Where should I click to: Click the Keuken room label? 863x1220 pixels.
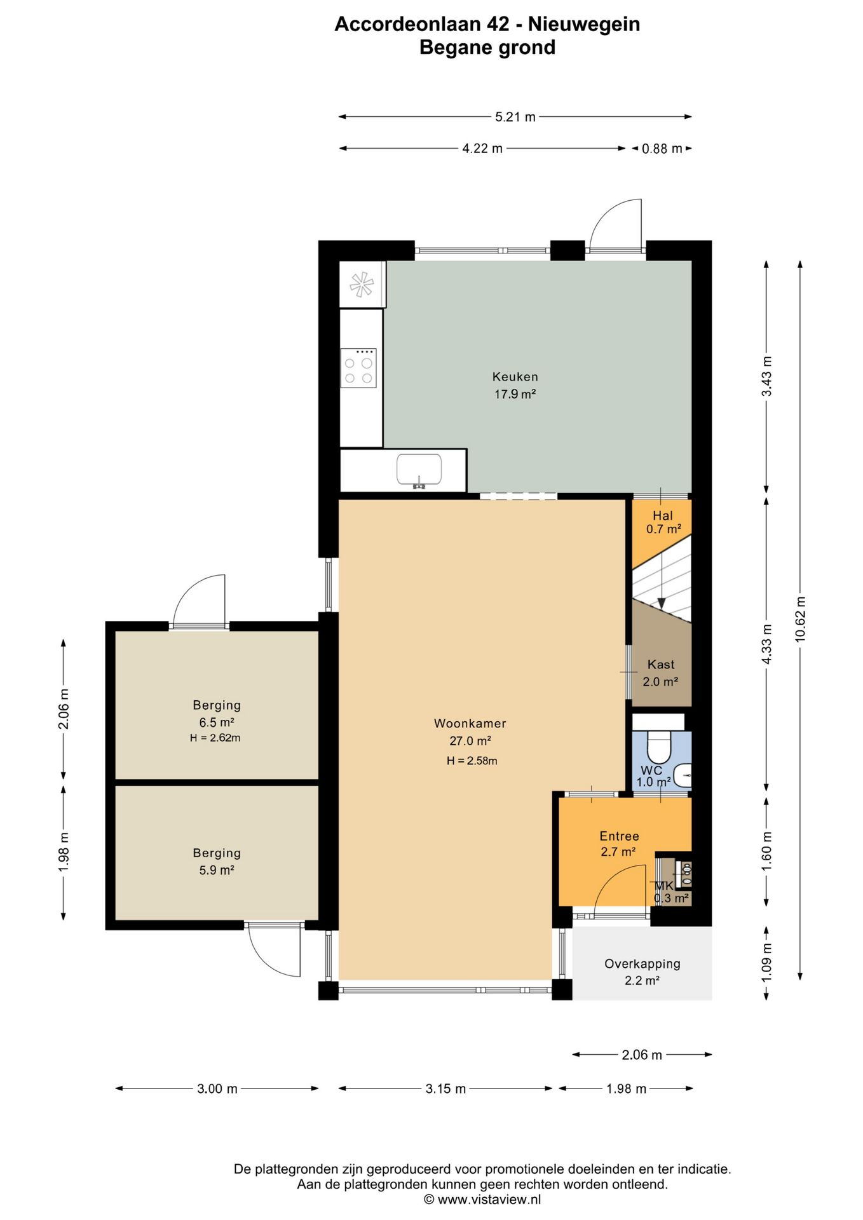tap(515, 377)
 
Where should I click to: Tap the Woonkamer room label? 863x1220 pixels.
tap(470, 723)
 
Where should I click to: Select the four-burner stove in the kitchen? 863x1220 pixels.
tap(358, 368)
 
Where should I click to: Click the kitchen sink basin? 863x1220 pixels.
tap(419, 470)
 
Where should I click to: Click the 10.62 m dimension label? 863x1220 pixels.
tap(800, 620)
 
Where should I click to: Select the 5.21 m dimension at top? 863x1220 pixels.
tap(515, 117)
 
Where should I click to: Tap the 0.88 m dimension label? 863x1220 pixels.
tap(662, 149)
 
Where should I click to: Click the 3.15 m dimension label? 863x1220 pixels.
tap(445, 1088)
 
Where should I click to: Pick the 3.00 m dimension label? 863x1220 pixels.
tap(217, 1088)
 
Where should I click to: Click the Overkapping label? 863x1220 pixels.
tap(642, 964)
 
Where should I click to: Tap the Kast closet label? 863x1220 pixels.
tap(661, 665)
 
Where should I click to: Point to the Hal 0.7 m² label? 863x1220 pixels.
tap(663, 522)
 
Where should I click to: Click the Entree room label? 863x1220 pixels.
tap(619, 836)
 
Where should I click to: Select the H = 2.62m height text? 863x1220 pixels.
tap(215, 738)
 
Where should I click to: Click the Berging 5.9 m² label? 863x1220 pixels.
tap(217, 862)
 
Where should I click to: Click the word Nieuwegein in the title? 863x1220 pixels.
tap(584, 24)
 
